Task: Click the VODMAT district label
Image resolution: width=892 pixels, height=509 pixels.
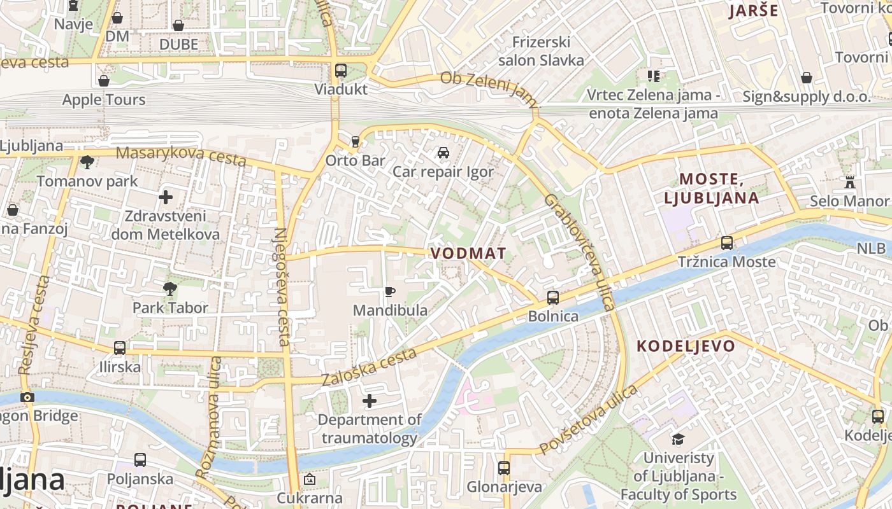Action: coord(468,253)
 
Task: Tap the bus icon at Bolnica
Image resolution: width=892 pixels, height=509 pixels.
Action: coord(553,297)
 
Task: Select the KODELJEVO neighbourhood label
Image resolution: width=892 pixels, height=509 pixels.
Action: coord(686,346)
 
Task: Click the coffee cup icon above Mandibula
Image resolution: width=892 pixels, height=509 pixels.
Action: coord(390,292)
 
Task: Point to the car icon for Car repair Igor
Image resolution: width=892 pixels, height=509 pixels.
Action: coord(443,153)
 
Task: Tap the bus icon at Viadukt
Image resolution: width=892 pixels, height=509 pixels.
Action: coord(341,70)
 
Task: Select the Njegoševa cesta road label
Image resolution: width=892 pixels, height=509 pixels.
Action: coord(281,286)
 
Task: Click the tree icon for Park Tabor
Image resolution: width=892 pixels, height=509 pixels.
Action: coord(170,289)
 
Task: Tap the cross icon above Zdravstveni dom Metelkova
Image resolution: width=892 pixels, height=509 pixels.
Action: coord(166,197)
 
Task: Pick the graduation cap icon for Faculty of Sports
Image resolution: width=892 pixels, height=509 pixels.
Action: coord(678,439)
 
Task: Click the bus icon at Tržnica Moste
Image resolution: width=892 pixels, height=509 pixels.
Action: coord(726,243)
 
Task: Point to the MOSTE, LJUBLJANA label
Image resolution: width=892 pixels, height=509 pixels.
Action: coord(712,188)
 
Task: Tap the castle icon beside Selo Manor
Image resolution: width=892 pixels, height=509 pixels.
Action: coord(849,182)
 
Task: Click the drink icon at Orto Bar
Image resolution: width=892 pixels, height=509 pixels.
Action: coord(356,141)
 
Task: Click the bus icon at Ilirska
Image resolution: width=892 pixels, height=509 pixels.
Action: coord(120,348)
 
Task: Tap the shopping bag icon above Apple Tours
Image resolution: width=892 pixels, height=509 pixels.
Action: coord(104,81)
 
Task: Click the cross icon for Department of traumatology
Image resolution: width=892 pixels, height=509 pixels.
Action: coord(370,401)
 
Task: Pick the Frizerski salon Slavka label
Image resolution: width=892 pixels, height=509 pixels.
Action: coord(541,51)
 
